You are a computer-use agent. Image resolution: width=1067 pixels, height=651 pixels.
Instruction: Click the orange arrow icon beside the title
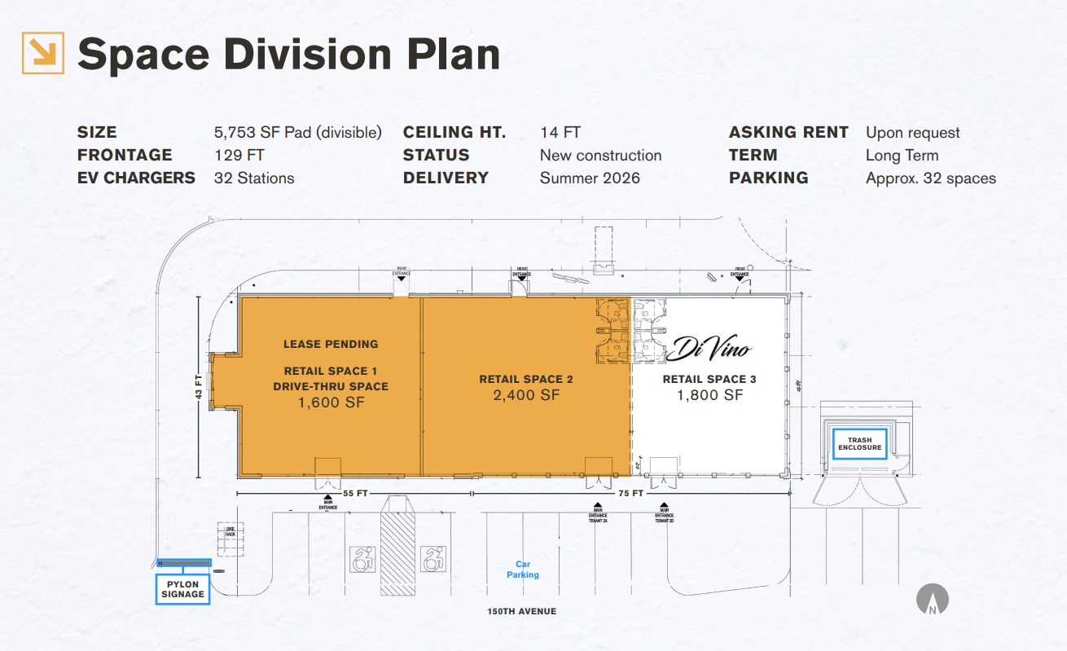pyautogui.click(x=42, y=53)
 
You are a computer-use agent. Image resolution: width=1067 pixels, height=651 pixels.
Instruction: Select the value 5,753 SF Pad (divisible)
pyautogui.click(x=297, y=133)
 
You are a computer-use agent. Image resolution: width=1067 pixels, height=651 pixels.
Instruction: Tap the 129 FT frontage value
pyautogui.click(x=239, y=156)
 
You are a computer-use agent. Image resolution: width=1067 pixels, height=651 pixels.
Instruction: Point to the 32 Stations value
pyautogui.click(x=253, y=178)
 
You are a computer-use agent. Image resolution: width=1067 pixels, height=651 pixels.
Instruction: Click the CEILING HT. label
pyautogui.click(x=454, y=133)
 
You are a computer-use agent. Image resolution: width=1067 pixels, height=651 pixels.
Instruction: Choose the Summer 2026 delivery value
pyautogui.click(x=590, y=178)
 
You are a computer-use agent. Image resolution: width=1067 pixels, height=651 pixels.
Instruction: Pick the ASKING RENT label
pyautogui.click(x=788, y=133)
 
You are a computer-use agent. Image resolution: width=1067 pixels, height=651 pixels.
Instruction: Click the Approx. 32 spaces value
pyautogui.click(x=930, y=178)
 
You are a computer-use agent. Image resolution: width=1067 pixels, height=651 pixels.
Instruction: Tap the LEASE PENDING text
pyautogui.click(x=331, y=345)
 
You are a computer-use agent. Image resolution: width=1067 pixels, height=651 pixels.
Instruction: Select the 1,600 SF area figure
pyautogui.click(x=331, y=402)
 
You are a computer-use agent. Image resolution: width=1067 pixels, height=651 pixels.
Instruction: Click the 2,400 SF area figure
pyautogui.click(x=526, y=395)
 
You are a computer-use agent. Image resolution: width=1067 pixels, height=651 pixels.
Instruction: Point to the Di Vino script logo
pyautogui.click(x=708, y=350)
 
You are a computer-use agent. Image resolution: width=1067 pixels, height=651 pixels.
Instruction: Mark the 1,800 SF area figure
pyautogui.click(x=709, y=395)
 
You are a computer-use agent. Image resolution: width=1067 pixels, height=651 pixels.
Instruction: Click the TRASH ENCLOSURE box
pyautogui.click(x=859, y=444)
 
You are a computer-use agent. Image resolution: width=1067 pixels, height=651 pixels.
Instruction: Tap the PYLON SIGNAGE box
pyautogui.click(x=182, y=589)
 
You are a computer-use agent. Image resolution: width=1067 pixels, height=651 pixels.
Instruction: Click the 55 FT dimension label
pyautogui.click(x=353, y=494)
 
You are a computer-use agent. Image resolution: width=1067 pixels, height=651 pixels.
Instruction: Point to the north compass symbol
pyautogui.click(x=933, y=600)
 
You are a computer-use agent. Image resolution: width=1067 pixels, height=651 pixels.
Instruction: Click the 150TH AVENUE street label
pyautogui.click(x=522, y=611)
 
